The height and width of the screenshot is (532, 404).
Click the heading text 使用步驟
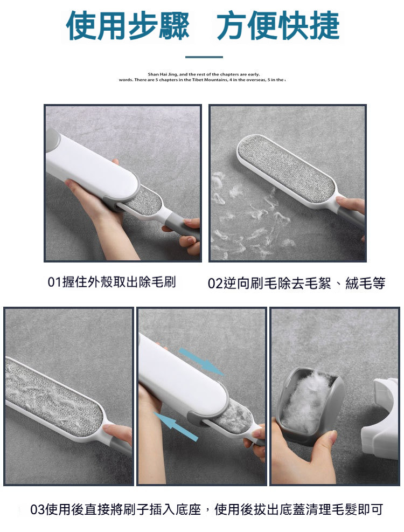click(x=128, y=25)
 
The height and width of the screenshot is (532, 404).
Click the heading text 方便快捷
click(x=278, y=25)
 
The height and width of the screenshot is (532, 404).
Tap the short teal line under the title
click(x=204, y=57)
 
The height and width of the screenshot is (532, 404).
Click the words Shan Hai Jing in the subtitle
click(x=161, y=74)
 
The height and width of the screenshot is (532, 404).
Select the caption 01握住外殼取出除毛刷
click(x=112, y=282)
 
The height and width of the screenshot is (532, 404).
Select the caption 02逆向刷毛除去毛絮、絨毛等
click(x=296, y=284)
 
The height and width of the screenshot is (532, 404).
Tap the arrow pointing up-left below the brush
click(x=175, y=426)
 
